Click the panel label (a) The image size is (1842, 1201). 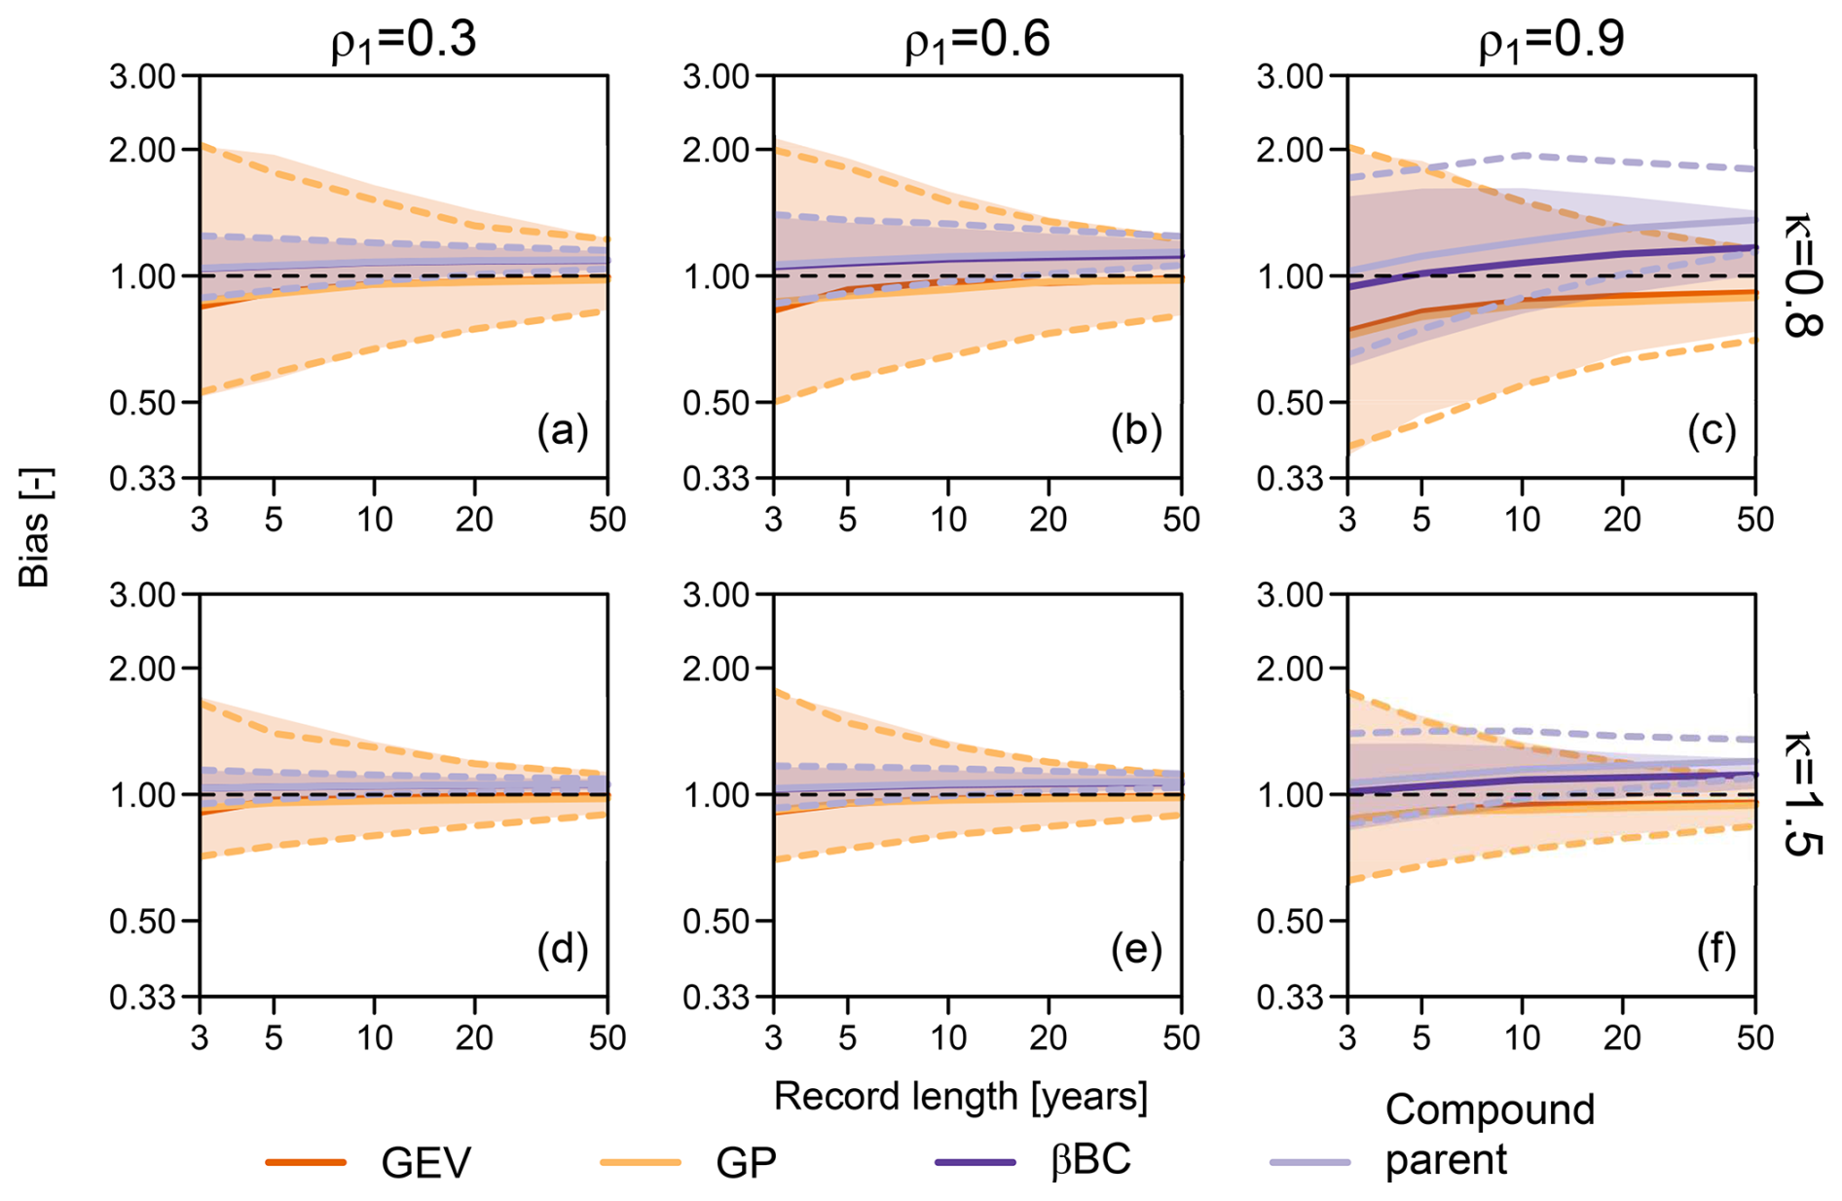pyautogui.click(x=563, y=430)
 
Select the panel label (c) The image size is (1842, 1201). pyautogui.click(x=1712, y=430)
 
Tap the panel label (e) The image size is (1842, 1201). pyautogui.click(x=1136, y=949)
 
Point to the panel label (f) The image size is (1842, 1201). pyautogui.click(x=1715, y=949)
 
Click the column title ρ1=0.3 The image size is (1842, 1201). pyautogui.click(x=404, y=41)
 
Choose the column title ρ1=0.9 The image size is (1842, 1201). pyautogui.click(x=1551, y=41)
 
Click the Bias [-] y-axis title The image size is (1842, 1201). pyautogui.click(x=35, y=528)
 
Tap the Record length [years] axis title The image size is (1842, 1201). pyautogui.click(x=961, y=1097)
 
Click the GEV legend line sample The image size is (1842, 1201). pyautogui.click(x=306, y=1162)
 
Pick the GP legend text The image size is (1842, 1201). pyautogui.click(x=746, y=1162)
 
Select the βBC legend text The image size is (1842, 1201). pyautogui.click(x=1090, y=1160)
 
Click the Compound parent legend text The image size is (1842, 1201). pyautogui.click(x=1490, y=1135)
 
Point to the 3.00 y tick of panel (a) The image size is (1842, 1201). pyautogui.click(x=142, y=76)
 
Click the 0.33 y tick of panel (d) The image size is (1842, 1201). pyautogui.click(x=142, y=998)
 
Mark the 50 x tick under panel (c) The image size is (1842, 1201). pyautogui.click(x=1755, y=520)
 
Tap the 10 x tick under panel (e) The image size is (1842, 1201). pyautogui.click(x=948, y=1038)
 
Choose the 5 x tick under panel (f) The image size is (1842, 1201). pyautogui.click(x=1421, y=1038)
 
